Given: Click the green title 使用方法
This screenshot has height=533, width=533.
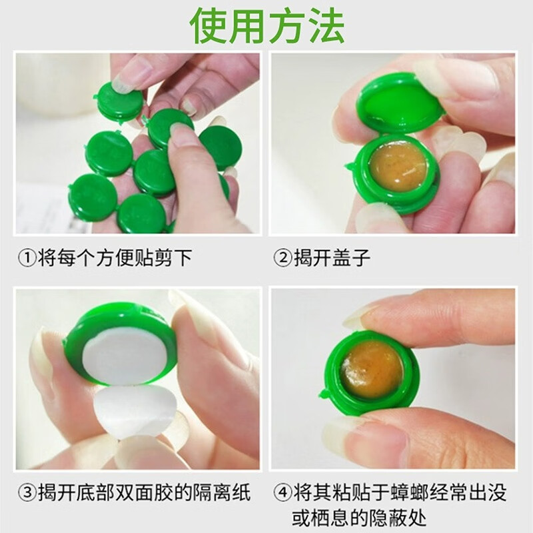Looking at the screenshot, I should (x=266, y=27).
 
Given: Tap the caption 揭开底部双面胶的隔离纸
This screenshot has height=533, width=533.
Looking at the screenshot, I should (x=143, y=493).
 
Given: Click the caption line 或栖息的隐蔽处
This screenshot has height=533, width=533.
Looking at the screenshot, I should (x=360, y=517).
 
